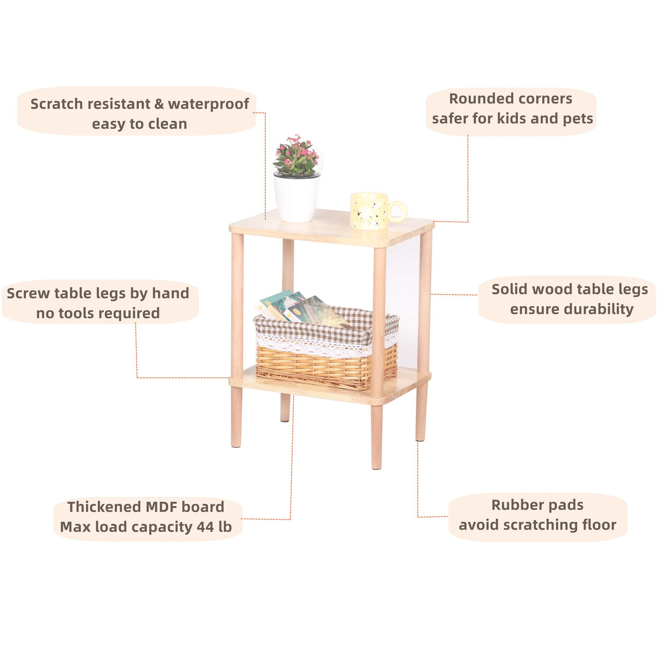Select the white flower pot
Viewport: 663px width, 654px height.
pyautogui.click(x=297, y=198)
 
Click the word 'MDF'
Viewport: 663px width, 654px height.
pyautogui.click(x=162, y=507)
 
